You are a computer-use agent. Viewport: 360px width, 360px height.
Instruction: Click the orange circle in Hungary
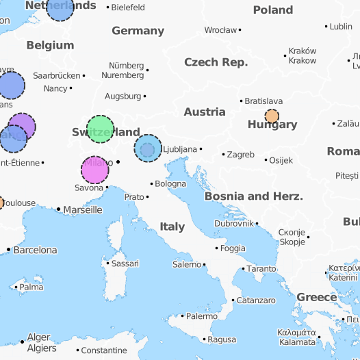pyautogui.click(x=272, y=116)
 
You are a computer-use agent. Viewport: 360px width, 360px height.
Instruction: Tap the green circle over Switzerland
pyautogui.click(x=100, y=129)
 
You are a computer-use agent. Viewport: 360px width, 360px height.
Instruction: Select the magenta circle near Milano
pyautogui.click(x=95, y=170)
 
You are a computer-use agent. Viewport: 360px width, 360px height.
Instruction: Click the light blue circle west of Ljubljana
pyautogui.click(x=148, y=149)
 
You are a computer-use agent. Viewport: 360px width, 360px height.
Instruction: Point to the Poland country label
pyautogui.click(x=273, y=10)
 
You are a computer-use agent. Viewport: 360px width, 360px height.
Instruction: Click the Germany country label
pyautogui.click(x=138, y=31)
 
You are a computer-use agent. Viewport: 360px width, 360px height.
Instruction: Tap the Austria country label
pyautogui.click(x=205, y=112)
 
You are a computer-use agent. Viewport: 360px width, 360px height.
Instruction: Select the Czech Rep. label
pyautogui.click(x=216, y=62)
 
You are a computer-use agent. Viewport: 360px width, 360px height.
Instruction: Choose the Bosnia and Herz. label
pyautogui.click(x=253, y=196)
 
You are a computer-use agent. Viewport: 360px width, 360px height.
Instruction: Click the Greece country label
pyautogui.click(x=316, y=298)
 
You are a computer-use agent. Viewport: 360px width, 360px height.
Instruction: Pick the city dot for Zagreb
pyautogui.click(x=222, y=155)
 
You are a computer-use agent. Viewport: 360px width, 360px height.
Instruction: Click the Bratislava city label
pyautogui.click(x=263, y=101)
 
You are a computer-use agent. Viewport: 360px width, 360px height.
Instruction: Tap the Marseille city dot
pyautogui.click(x=58, y=209)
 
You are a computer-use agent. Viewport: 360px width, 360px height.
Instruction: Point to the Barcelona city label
pyautogui.click(x=36, y=250)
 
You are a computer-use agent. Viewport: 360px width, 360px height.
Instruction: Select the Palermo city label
pyautogui.click(x=202, y=316)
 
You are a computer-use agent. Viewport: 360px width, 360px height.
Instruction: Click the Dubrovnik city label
pyautogui.click(x=234, y=224)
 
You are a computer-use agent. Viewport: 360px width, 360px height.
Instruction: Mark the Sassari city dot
pyautogui.click(x=107, y=263)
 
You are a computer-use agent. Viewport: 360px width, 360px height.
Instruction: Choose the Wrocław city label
pyautogui.click(x=220, y=30)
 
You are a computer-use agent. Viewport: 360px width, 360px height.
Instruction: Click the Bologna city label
pyautogui.click(x=170, y=183)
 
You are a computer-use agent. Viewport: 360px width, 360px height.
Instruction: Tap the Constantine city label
pyautogui.click(x=104, y=350)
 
